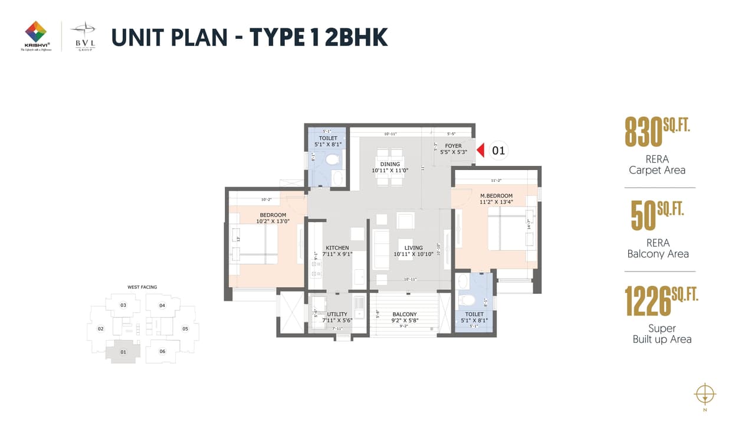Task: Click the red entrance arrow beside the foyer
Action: point(480,151)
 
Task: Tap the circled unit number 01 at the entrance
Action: point(498,151)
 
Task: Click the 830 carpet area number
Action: point(644,133)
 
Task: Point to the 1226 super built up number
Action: point(648,302)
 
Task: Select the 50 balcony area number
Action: point(644,216)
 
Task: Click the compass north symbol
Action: point(705,393)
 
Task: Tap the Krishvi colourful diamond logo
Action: point(36,31)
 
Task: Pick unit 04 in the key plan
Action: point(162,305)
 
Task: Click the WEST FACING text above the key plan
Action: point(142,287)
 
